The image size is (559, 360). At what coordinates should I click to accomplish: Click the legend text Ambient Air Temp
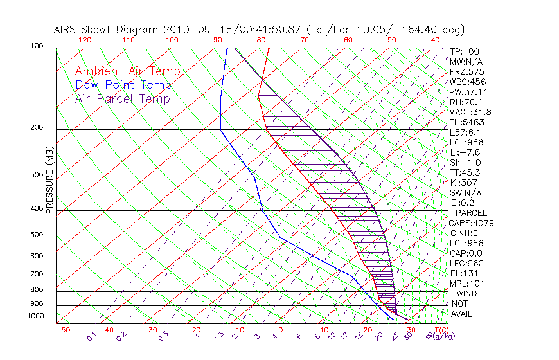(127, 71)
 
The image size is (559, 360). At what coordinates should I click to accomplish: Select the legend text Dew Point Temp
(123, 85)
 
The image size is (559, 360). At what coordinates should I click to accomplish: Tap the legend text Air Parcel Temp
(122, 98)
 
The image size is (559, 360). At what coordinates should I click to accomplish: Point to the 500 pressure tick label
(37, 235)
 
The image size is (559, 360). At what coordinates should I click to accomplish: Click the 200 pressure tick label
(37, 128)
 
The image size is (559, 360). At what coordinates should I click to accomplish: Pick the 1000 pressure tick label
(35, 316)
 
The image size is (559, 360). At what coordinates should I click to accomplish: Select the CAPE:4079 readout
(471, 223)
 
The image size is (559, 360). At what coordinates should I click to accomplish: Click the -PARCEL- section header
(471, 213)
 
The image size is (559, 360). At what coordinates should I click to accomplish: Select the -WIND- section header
(467, 293)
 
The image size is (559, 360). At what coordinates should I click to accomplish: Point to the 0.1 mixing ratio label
(91, 336)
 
